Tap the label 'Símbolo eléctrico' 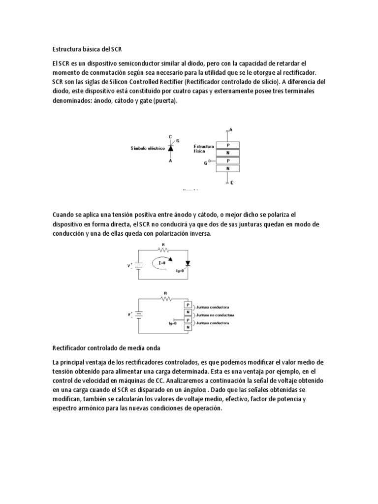click(x=148, y=148)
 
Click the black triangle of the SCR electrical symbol click(x=170, y=148)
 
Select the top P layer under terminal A click(x=227, y=146)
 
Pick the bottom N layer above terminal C click(x=227, y=168)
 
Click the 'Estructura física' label click(x=203, y=149)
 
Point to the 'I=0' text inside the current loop click(x=162, y=263)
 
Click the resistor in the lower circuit click(x=164, y=298)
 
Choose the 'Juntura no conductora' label click(x=215, y=315)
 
